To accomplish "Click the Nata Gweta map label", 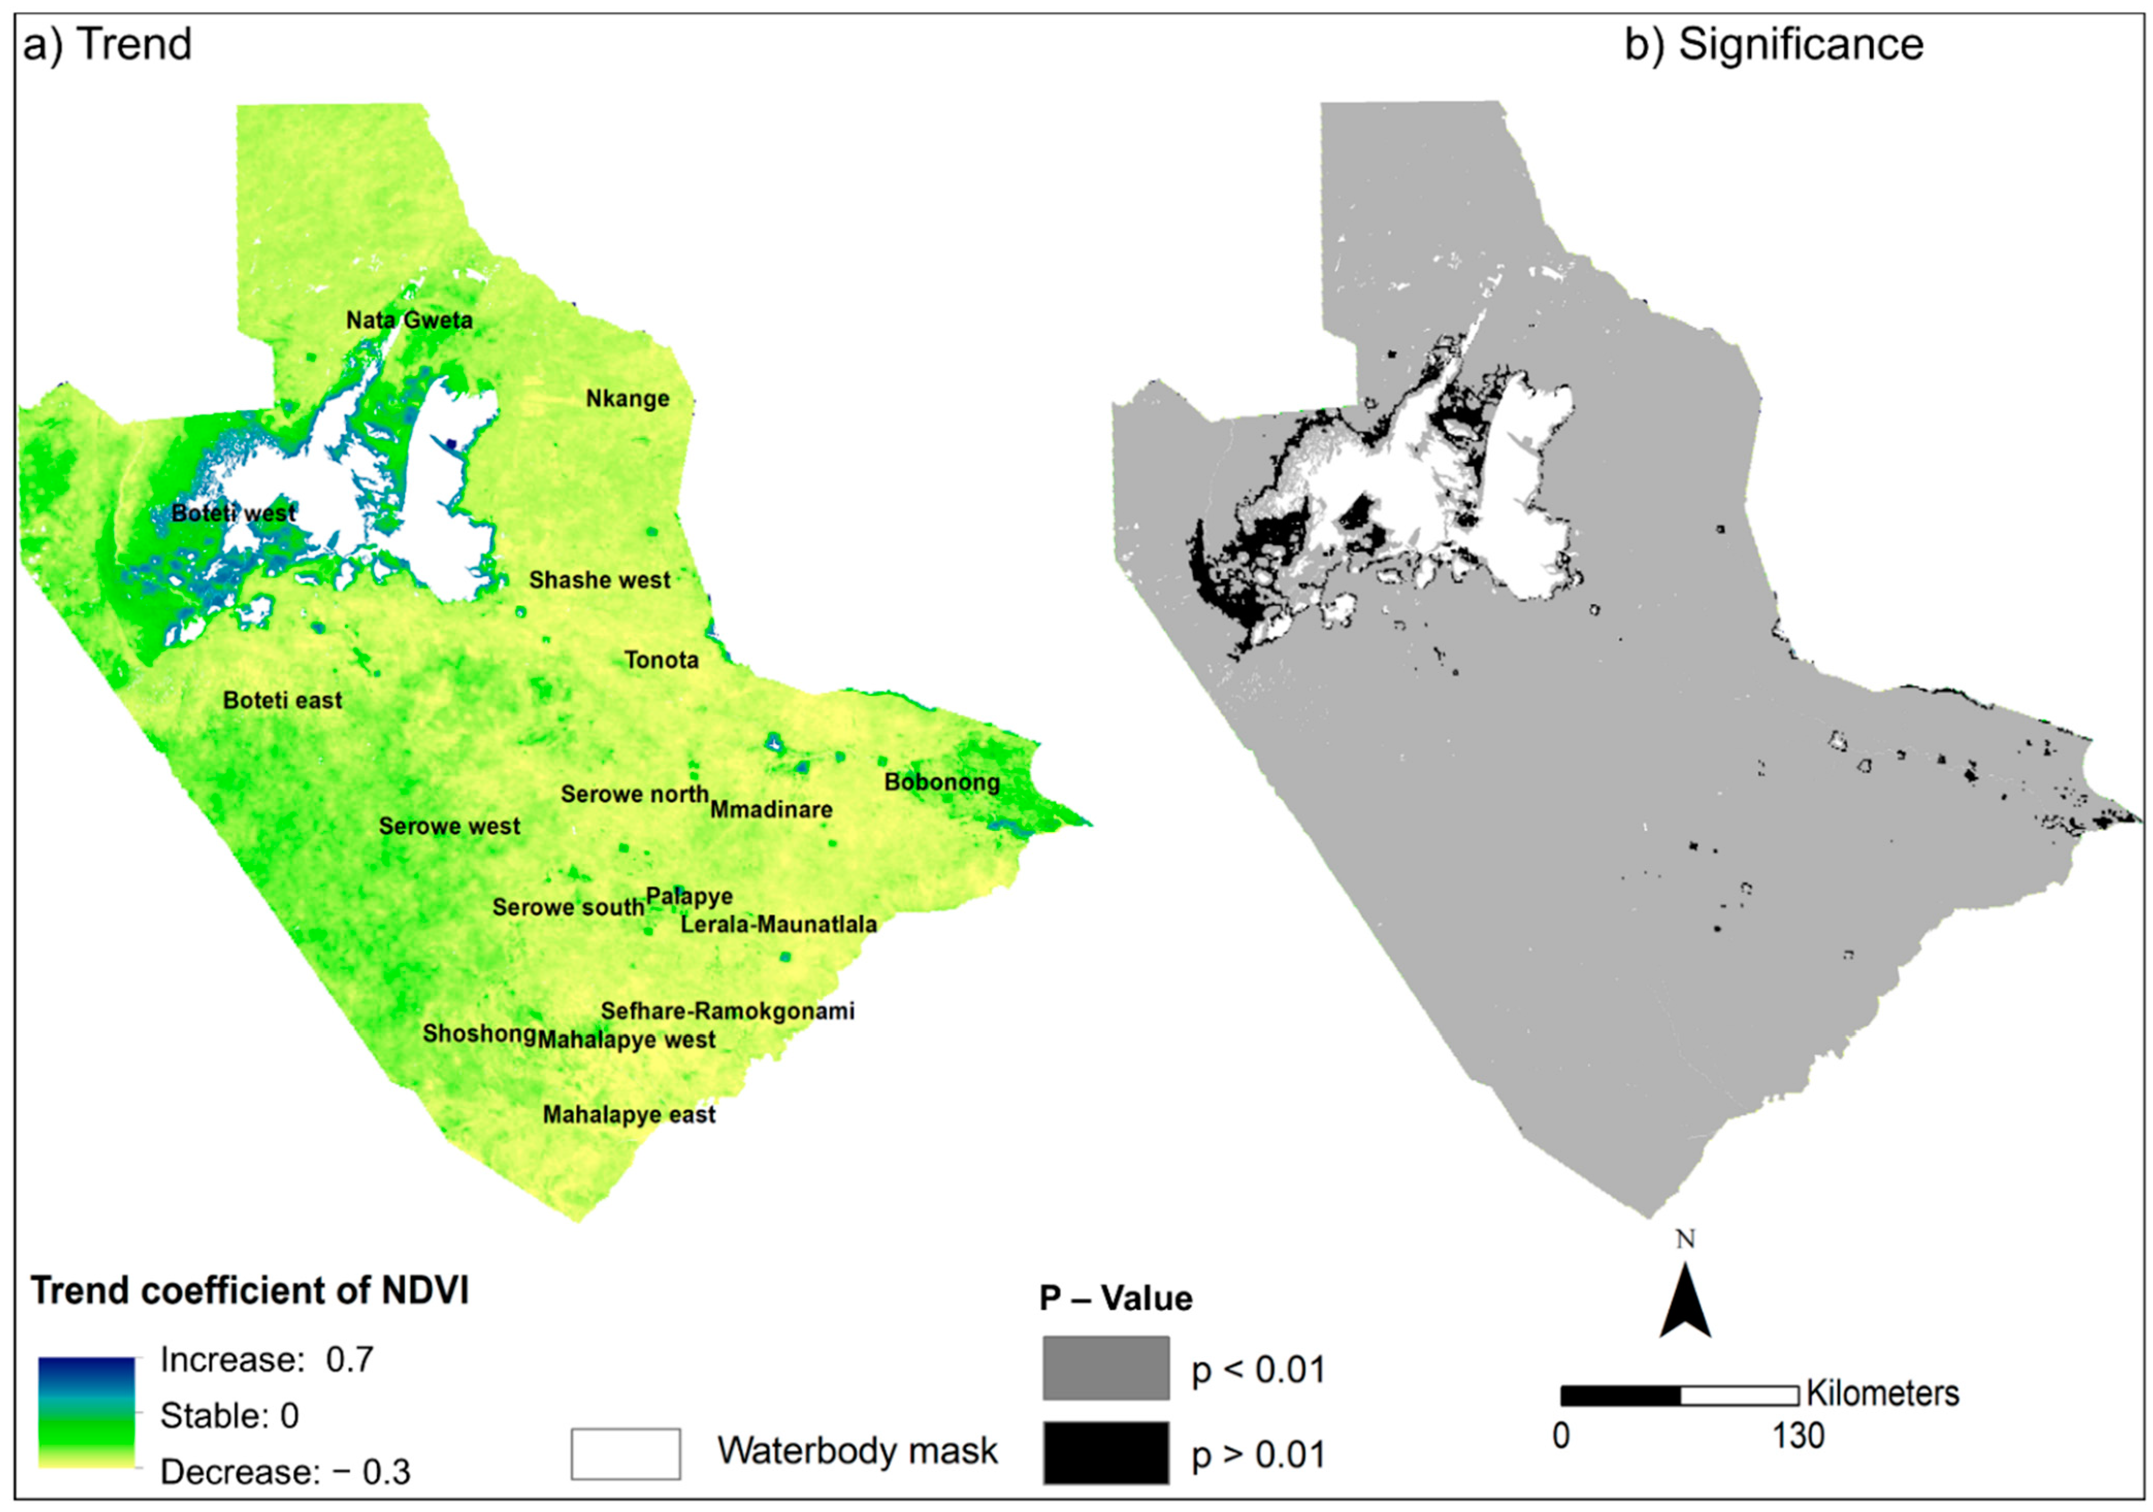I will coord(409,320).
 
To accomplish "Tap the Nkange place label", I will coord(627,398).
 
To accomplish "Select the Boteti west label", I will coord(234,513).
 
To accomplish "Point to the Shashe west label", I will coord(599,581).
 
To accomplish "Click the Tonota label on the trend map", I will coord(661,661).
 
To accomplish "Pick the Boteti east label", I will coord(282,701).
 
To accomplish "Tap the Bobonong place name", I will coord(941,782).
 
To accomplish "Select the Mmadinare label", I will coord(771,810).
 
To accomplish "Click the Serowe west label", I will coord(449,826).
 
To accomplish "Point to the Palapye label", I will coord(689,897).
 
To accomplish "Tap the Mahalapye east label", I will coord(629,1115).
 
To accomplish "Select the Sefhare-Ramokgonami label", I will coord(728,1011).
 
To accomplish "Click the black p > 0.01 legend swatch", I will coord(1105,1453).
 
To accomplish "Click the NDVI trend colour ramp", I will coord(86,1412).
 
